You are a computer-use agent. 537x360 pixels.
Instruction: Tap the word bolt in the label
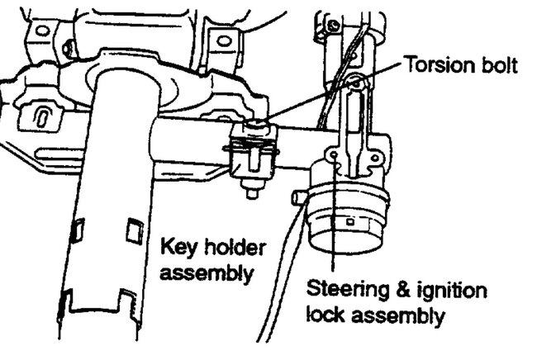tap(499, 64)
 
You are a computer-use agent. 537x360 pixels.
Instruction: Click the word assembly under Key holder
tap(207, 274)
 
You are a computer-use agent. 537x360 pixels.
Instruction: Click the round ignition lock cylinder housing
tap(349, 218)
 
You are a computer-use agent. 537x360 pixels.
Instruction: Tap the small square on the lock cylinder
tap(349, 222)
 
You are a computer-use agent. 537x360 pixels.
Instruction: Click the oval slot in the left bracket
tap(40, 116)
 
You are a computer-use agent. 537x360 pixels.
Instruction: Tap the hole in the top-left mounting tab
tap(43, 31)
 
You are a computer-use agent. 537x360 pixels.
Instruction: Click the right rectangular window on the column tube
tap(135, 230)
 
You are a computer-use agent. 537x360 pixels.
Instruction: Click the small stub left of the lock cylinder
tap(299, 197)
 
